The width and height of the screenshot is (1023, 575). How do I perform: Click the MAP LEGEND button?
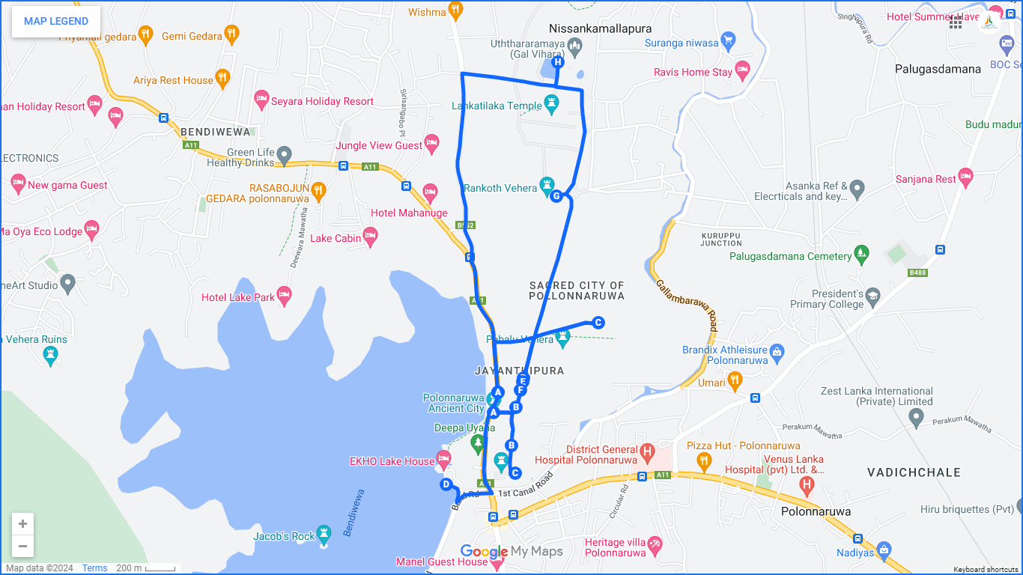click(x=56, y=21)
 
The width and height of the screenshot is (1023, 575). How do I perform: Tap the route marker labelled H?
click(x=557, y=63)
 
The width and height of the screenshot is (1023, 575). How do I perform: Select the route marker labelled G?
click(x=556, y=196)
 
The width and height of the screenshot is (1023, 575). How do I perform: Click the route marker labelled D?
click(x=446, y=484)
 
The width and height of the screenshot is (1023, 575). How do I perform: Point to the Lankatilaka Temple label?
click(x=497, y=106)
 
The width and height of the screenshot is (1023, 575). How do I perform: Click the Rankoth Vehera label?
click(x=500, y=188)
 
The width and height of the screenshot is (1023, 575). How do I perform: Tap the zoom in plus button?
click(x=23, y=524)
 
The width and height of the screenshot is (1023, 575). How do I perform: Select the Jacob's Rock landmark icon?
click(x=324, y=533)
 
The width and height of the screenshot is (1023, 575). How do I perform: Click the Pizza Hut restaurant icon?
click(x=703, y=459)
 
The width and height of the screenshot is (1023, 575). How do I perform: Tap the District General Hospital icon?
click(x=648, y=451)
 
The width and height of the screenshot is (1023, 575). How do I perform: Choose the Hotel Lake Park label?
click(x=238, y=297)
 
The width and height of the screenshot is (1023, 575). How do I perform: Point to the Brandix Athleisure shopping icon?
click(x=777, y=350)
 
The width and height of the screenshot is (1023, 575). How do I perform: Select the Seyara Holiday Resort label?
click(x=322, y=101)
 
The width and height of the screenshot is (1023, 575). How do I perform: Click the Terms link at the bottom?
click(x=94, y=568)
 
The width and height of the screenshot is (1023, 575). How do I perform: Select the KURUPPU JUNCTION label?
click(x=721, y=239)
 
